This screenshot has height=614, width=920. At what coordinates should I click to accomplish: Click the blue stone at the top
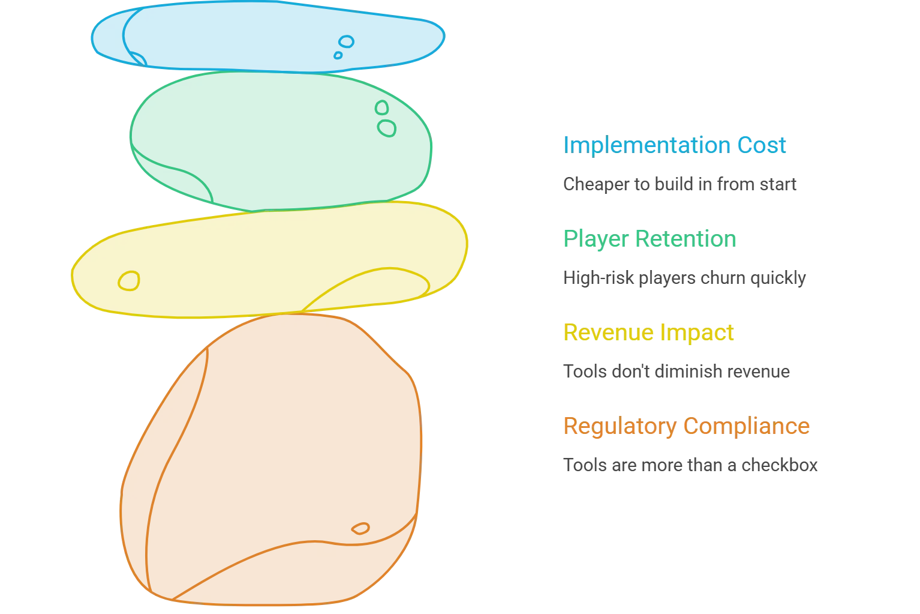pyautogui.click(x=267, y=37)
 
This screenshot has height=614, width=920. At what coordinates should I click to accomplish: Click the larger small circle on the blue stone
pyautogui.click(x=346, y=41)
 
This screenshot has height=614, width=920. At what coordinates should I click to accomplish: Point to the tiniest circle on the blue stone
pyautogui.click(x=338, y=55)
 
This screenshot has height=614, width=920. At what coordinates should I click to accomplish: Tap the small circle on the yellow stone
pyautogui.click(x=129, y=281)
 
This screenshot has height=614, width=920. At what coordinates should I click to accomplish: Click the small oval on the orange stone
pyautogui.click(x=360, y=528)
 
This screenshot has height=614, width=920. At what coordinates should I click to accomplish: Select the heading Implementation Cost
pyautogui.click(x=674, y=145)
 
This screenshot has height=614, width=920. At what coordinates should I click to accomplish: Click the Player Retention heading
pyautogui.click(x=650, y=239)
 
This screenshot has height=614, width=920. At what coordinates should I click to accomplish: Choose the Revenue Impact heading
pyautogui.click(x=648, y=332)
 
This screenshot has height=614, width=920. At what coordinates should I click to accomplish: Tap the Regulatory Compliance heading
pyautogui.click(x=686, y=426)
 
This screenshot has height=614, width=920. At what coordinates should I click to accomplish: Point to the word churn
pyautogui.click(x=723, y=278)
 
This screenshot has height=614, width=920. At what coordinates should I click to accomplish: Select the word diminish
pyautogui.click(x=691, y=372)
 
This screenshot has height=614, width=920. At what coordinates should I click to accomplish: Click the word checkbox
pyautogui.click(x=779, y=465)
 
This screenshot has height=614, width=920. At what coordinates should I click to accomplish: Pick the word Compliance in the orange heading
pyautogui.click(x=746, y=426)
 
